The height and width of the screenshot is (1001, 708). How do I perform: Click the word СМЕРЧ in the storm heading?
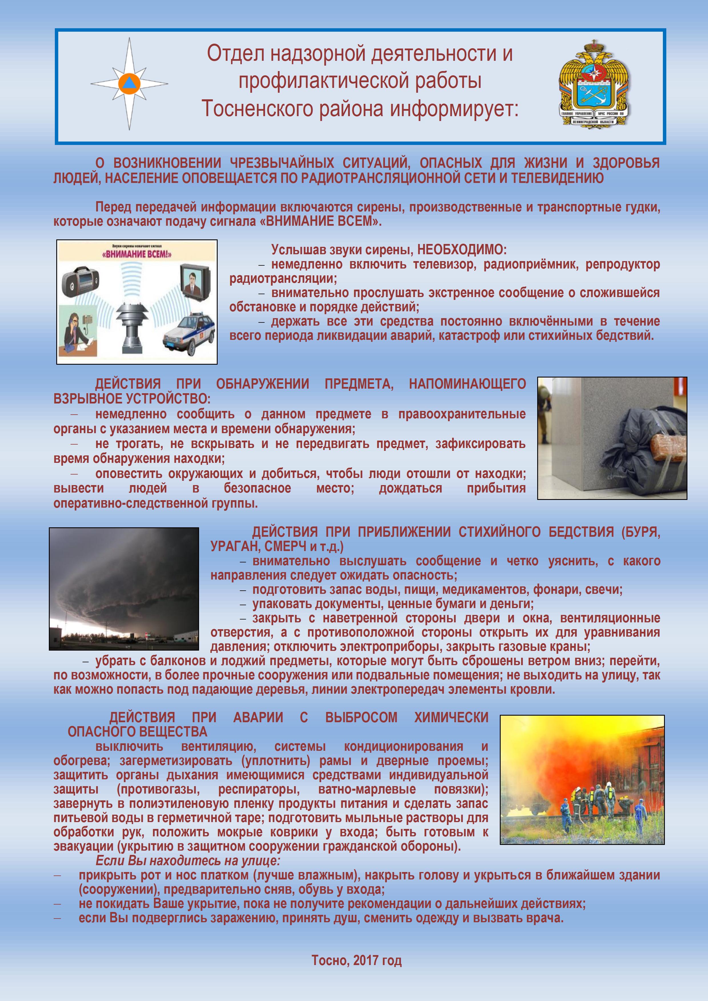[x=284, y=546]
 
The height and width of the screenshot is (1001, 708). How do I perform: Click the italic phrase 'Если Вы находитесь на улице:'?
[x=188, y=861]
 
